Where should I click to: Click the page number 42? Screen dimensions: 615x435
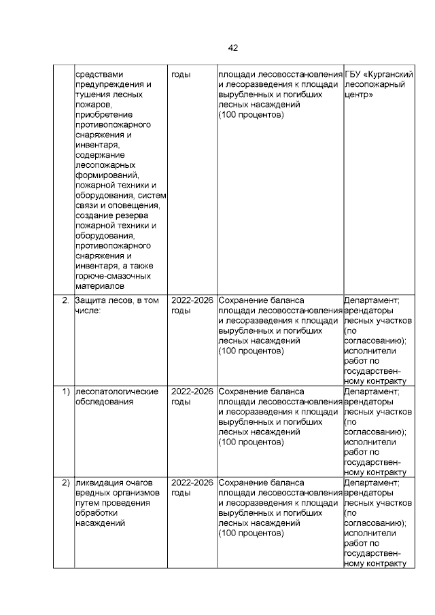point(232,48)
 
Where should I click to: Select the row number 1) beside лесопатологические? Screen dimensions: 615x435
point(66,391)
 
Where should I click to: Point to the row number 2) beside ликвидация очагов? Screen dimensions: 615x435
point(66,483)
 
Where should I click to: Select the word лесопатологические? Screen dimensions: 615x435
point(116,391)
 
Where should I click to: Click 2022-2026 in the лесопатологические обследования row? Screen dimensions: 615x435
point(192,391)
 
